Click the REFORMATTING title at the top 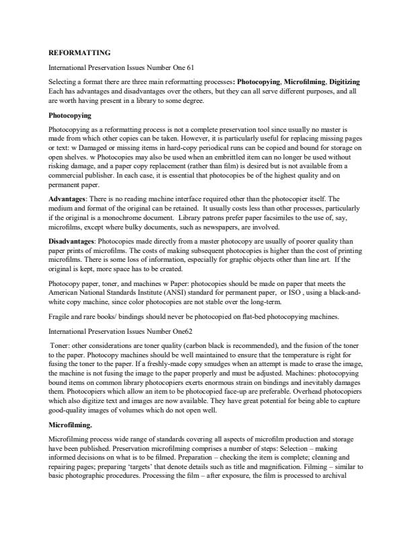coord(79,52)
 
